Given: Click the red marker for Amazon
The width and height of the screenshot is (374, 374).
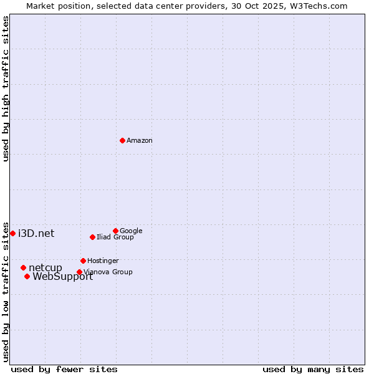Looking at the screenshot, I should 122,140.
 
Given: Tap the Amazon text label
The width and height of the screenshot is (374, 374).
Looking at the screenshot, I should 140,141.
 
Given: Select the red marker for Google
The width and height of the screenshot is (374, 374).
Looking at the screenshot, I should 115,231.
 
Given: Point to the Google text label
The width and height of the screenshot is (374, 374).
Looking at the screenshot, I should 131,231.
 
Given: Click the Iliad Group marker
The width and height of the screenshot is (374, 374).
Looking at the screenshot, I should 92,237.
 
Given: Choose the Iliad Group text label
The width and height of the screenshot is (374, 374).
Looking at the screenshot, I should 115,237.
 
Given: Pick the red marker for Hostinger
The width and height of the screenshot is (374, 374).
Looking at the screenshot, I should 83,261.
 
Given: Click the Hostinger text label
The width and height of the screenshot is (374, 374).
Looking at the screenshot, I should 103,261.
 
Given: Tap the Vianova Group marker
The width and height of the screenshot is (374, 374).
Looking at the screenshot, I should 79,272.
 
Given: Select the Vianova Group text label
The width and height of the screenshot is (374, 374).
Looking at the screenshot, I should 108,272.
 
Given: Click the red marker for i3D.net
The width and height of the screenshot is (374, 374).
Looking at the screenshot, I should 12,233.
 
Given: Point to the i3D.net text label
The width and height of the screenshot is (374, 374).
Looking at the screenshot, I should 36,234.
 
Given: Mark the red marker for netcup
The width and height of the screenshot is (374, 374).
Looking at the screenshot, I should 23,267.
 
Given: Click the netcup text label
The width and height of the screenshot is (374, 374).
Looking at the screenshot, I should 46,268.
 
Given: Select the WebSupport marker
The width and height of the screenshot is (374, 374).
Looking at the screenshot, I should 27,276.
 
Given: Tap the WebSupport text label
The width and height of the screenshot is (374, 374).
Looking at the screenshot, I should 62,277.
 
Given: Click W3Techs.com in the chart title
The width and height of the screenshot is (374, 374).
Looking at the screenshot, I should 322,6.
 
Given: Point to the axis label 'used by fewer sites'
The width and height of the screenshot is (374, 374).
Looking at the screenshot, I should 64,369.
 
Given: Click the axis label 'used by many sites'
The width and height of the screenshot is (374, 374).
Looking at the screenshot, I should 312,369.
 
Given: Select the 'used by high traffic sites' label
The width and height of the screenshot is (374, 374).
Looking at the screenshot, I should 6,89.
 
